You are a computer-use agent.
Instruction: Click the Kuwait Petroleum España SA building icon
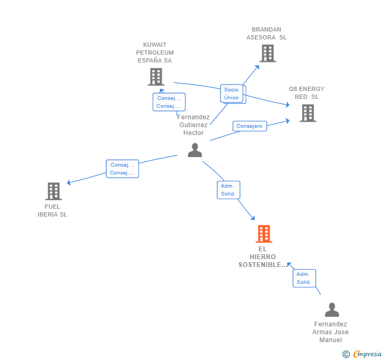click(156, 77)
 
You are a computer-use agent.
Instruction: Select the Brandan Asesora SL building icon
click(267, 53)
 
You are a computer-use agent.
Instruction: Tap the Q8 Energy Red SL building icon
click(308, 113)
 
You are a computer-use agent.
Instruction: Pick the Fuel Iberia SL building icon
click(53, 191)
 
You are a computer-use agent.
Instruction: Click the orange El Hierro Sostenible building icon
click(264, 234)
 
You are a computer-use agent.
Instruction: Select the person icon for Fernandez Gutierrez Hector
click(195, 150)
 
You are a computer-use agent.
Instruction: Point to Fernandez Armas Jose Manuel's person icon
click(331, 310)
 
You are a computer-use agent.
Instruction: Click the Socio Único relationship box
click(231, 94)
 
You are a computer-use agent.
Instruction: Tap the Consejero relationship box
click(249, 126)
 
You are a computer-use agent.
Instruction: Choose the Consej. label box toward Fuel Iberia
click(122, 169)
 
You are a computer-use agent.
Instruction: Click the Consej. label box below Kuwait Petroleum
click(169, 102)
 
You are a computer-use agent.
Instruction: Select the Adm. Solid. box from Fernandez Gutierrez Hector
click(228, 190)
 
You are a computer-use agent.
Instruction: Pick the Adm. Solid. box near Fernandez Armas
click(304, 278)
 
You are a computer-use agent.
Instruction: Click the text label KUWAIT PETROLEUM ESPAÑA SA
click(155, 53)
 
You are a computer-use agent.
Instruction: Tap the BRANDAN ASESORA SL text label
click(267, 34)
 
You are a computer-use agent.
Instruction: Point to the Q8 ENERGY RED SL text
click(307, 92)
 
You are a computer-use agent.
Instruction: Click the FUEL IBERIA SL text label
click(53, 210)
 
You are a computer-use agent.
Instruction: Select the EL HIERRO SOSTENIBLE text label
click(263, 256)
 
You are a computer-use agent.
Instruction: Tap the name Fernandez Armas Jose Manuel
click(330, 332)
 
